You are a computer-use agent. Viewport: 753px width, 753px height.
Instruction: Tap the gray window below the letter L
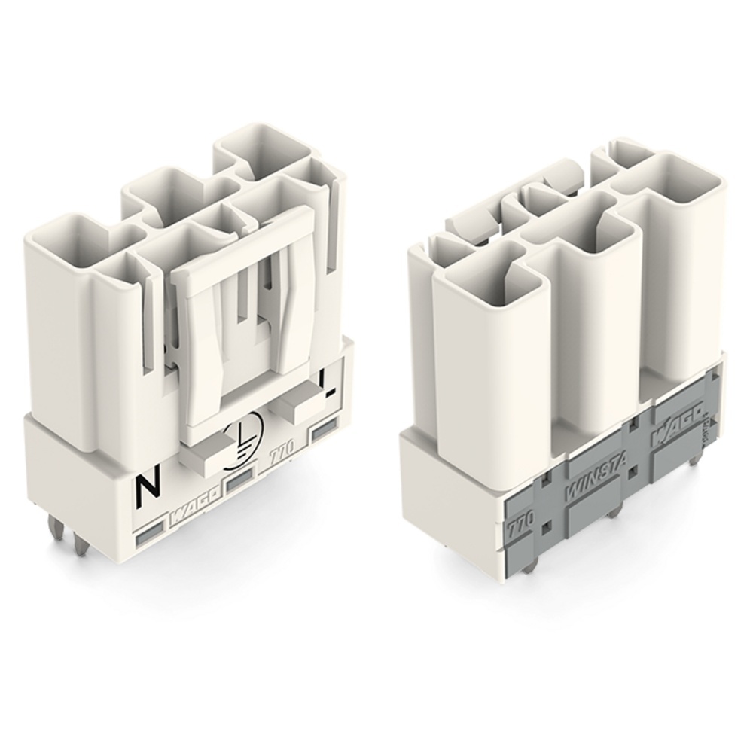[x=325, y=430]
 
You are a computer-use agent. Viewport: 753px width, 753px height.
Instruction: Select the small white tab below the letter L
[x=300, y=407]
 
